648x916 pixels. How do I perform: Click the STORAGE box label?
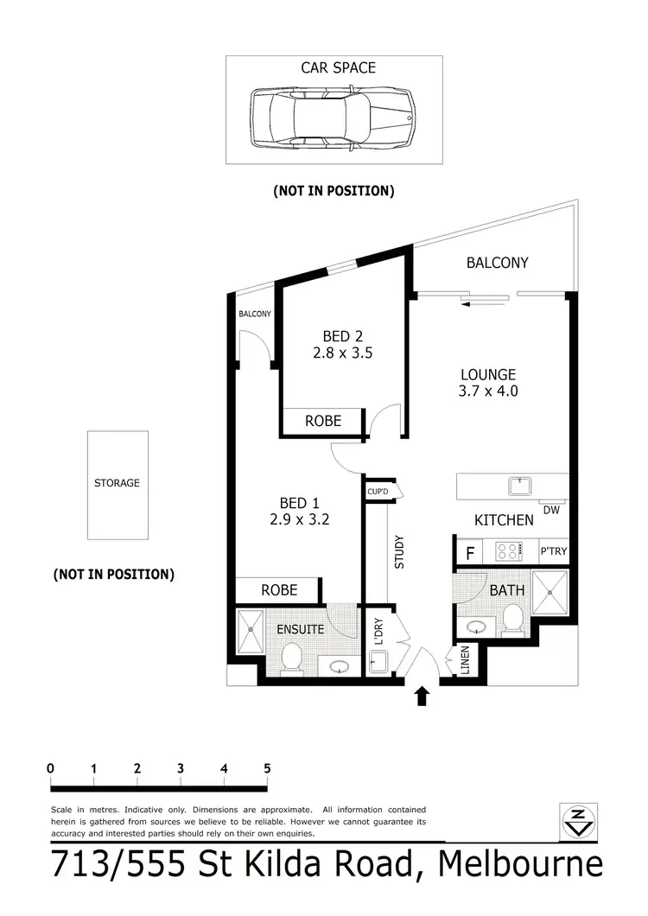(x=117, y=483)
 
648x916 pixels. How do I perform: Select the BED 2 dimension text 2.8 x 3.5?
(x=342, y=353)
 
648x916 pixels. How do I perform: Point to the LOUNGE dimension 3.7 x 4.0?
(x=487, y=391)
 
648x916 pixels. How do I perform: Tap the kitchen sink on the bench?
(x=520, y=487)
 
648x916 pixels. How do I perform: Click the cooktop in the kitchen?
(x=509, y=550)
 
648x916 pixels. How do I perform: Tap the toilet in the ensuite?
(x=291, y=659)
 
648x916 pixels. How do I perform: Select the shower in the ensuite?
(x=250, y=632)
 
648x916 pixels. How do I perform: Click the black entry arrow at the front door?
(x=422, y=696)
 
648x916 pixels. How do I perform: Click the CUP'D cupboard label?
(x=376, y=492)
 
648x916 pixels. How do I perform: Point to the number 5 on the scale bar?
(x=267, y=768)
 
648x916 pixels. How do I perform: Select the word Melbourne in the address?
(x=519, y=866)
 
